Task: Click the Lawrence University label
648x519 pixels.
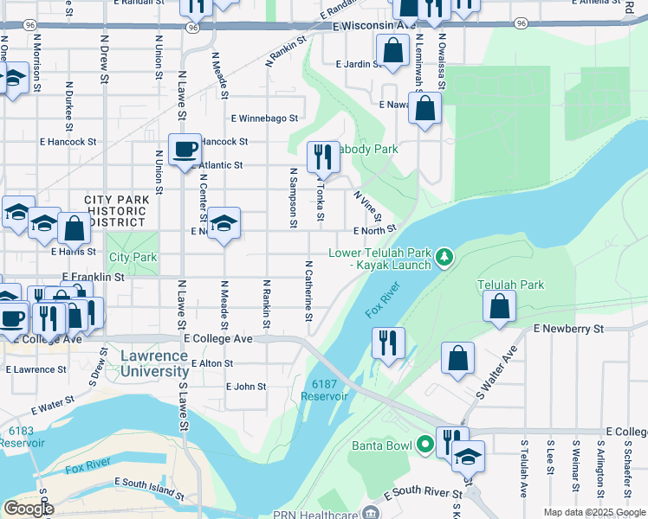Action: (154, 363)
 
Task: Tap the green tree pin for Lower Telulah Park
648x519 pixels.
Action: (444, 257)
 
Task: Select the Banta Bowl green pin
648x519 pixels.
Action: (424, 445)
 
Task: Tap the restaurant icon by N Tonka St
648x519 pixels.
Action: (322, 157)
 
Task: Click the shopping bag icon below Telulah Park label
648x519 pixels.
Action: (500, 306)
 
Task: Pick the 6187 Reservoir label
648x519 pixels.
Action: (324, 389)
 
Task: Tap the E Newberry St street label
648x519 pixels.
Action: (568, 329)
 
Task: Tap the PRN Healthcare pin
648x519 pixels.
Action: (372, 514)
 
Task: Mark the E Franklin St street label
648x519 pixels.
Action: (94, 278)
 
